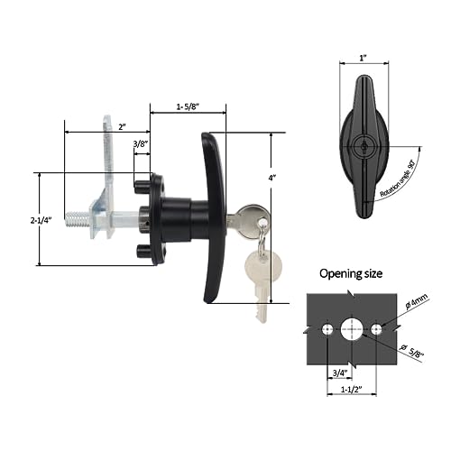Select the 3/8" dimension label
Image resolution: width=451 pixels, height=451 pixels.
(142, 143)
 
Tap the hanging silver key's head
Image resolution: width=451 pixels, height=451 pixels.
(263, 267)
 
